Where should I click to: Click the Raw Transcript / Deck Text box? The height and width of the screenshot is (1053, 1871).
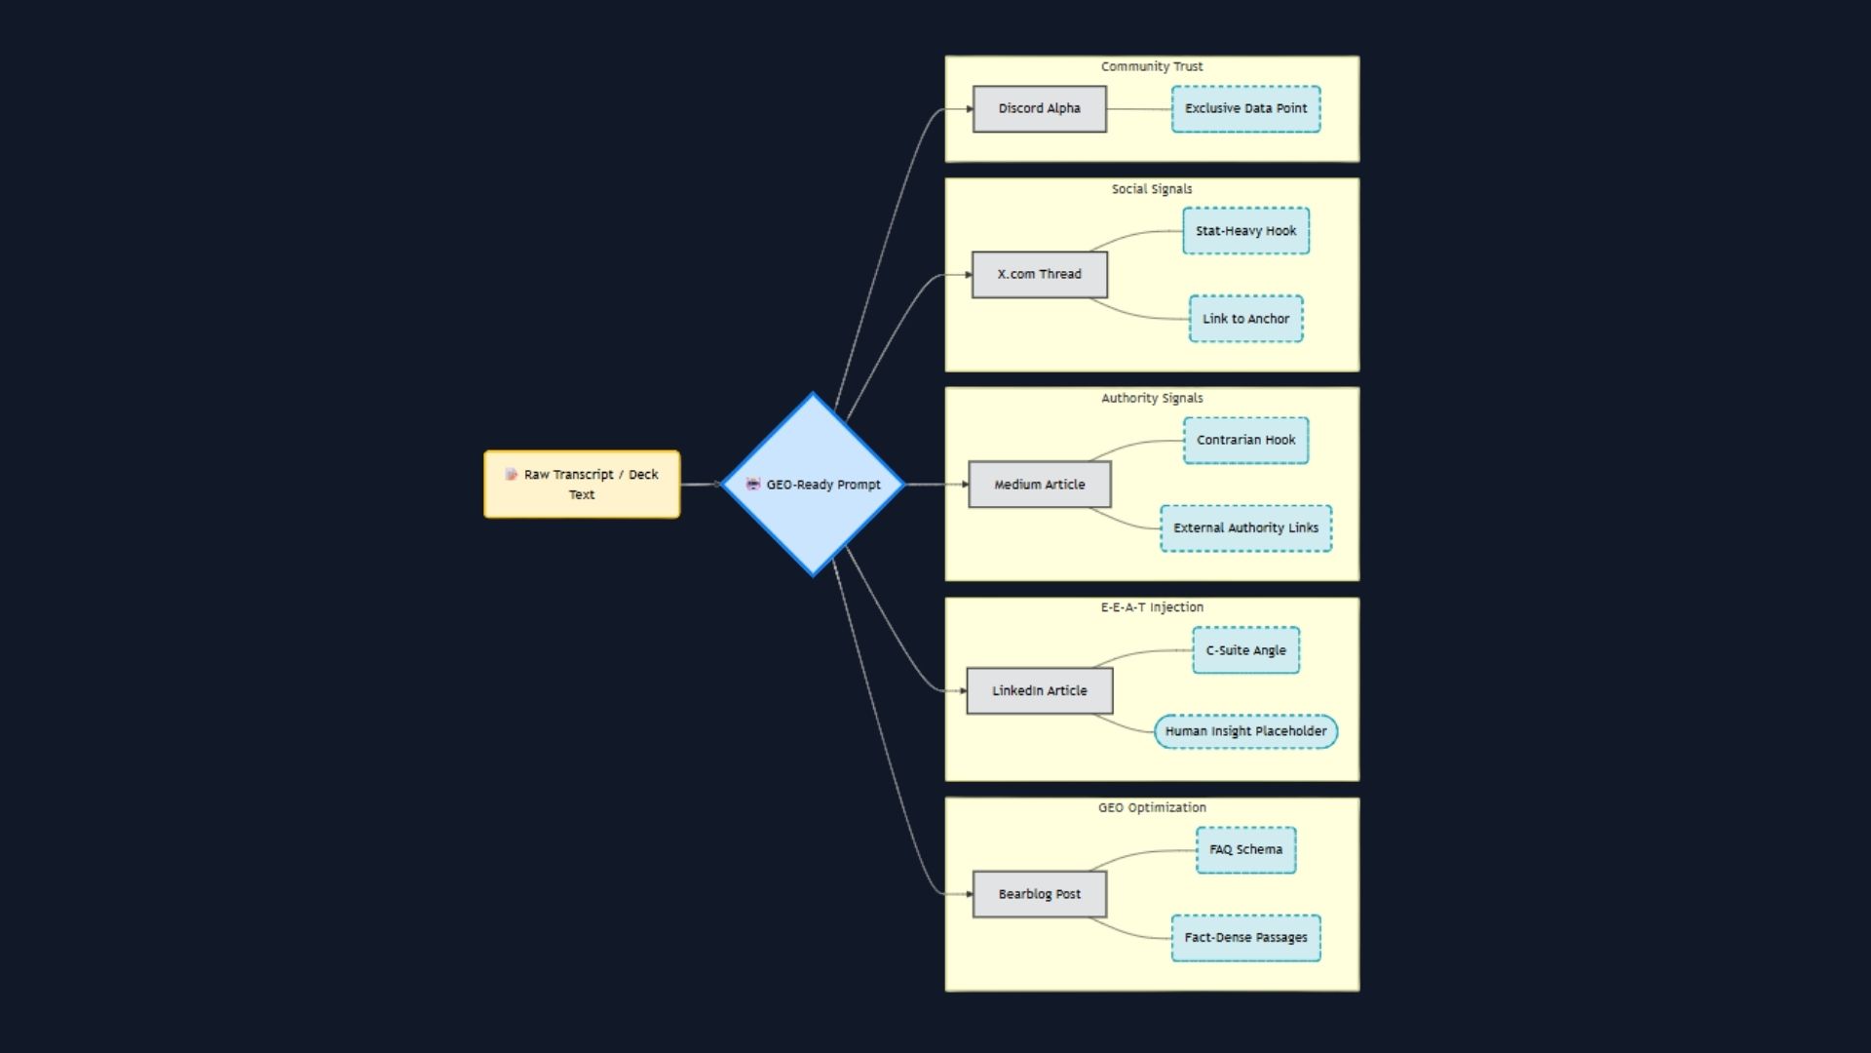click(582, 484)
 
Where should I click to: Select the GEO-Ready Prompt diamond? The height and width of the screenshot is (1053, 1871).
click(814, 485)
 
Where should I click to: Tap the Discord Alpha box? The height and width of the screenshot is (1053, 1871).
click(1039, 108)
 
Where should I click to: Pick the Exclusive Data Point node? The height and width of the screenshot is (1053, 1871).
click(1245, 108)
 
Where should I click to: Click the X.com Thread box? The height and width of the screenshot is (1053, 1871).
click(1039, 274)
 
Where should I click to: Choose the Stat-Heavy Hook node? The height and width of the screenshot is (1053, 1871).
click(1245, 231)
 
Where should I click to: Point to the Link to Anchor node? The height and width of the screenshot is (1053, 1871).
click(1245, 319)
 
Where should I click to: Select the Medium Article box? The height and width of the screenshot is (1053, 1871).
click(1039, 485)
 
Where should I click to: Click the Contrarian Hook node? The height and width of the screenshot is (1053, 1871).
click(1245, 440)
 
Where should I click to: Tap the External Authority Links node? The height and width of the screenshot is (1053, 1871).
click(1245, 527)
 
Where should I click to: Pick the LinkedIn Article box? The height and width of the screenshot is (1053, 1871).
click(1039, 690)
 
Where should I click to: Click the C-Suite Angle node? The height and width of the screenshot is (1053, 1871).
click(1245, 650)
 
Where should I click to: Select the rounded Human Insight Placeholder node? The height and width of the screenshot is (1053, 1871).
click(1245, 731)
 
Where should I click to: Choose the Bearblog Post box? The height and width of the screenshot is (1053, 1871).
click(1039, 894)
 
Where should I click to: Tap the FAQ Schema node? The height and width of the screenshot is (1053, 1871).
click(1245, 849)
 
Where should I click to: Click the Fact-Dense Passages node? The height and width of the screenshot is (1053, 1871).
click(1245, 937)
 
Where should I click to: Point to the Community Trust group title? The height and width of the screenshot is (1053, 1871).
click(1152, 66)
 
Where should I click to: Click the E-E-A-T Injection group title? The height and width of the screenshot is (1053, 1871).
click(1152, 607)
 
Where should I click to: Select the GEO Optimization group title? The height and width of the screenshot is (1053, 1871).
click(1152, 807)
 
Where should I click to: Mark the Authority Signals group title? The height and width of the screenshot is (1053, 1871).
click(1152, 398)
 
